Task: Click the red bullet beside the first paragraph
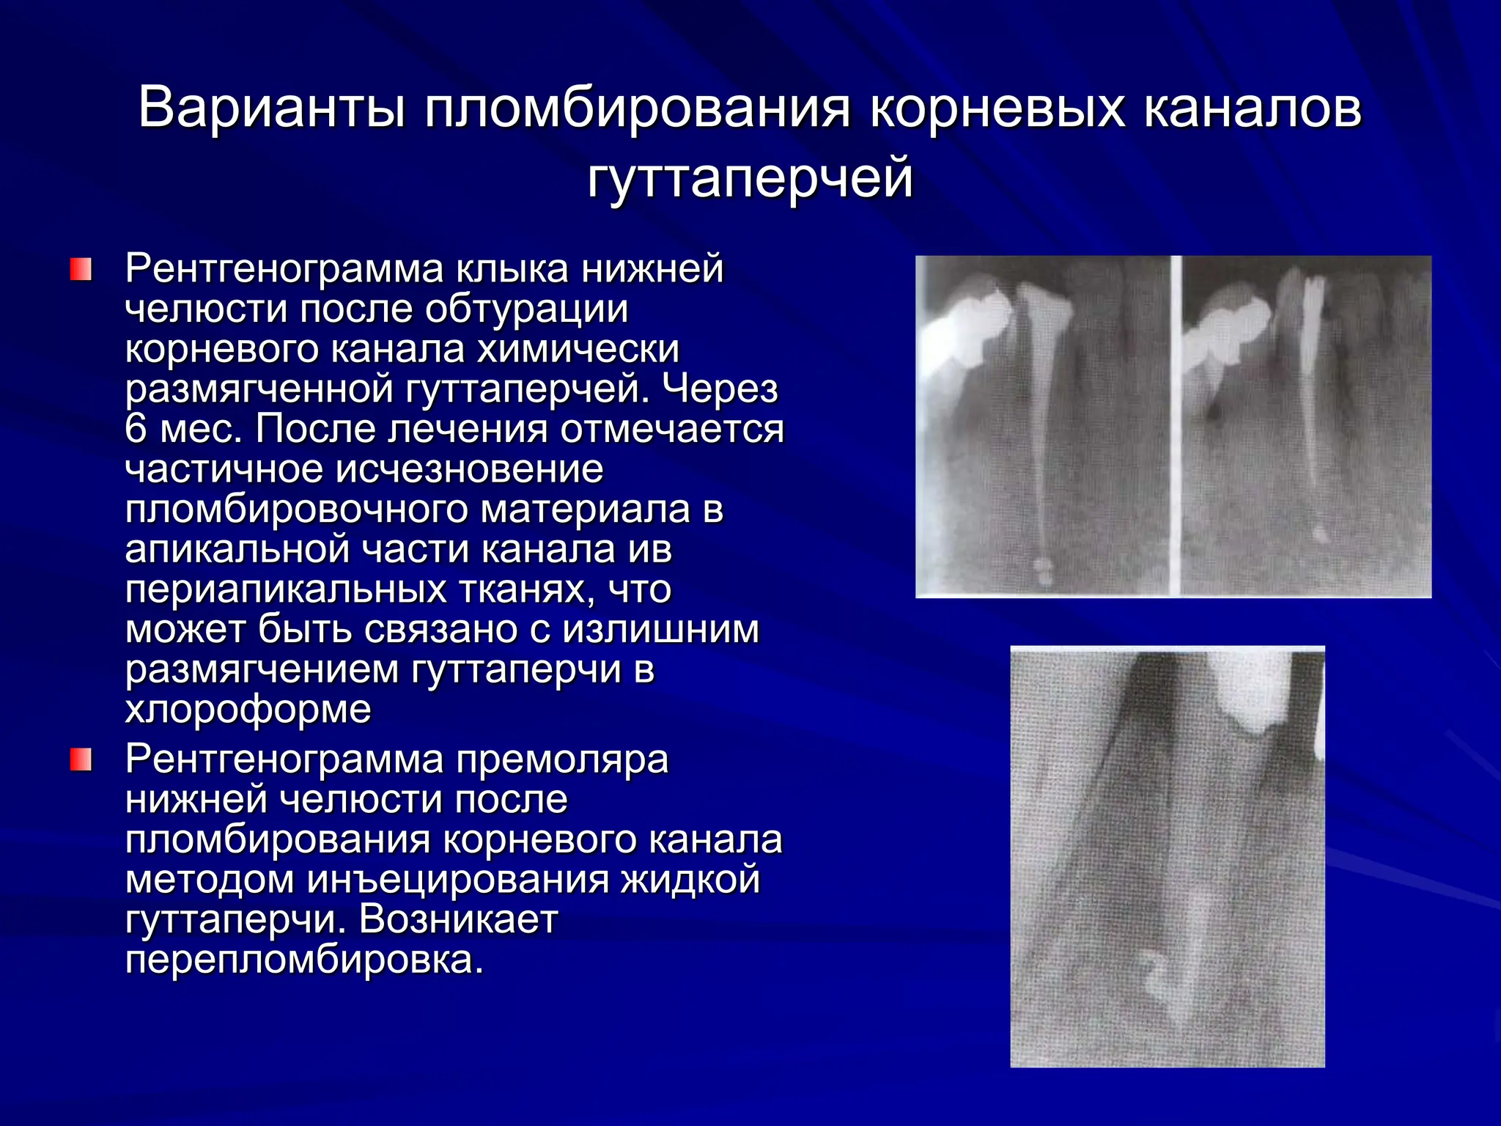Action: [81, 269]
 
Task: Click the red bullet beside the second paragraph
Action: [81, 759]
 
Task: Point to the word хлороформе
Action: [248, 709]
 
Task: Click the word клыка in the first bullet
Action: [512, 268]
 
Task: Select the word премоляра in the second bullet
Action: [562, 759]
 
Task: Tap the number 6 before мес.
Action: [136, 428]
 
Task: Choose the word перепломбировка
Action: [304, 959]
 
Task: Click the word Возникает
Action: [458, 919]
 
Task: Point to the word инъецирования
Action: [458, 879]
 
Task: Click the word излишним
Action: [661, 629]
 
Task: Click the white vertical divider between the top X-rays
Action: [1176, 425]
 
